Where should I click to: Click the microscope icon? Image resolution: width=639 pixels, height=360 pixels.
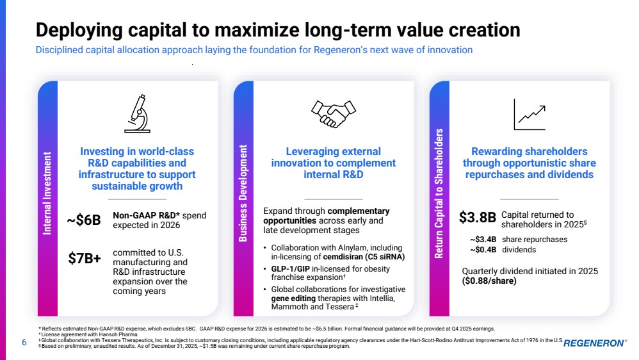tap(137, 113)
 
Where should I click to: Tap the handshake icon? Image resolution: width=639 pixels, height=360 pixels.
tap(333, 114)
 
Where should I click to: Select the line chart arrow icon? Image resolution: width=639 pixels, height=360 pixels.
tap(530, 114)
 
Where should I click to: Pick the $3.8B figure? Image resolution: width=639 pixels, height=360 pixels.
tap(478, 218)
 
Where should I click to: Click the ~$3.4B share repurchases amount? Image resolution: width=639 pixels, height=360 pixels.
tap(484, 240)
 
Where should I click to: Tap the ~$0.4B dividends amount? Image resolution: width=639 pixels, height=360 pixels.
tap(484, 249)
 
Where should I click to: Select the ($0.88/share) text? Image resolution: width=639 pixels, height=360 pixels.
tap(489, 281)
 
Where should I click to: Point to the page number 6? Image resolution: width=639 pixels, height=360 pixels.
tap(24, 343)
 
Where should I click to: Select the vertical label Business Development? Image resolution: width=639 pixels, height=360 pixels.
tap(243, 193)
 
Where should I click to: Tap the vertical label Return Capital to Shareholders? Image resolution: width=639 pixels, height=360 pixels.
tap(439, 193)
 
